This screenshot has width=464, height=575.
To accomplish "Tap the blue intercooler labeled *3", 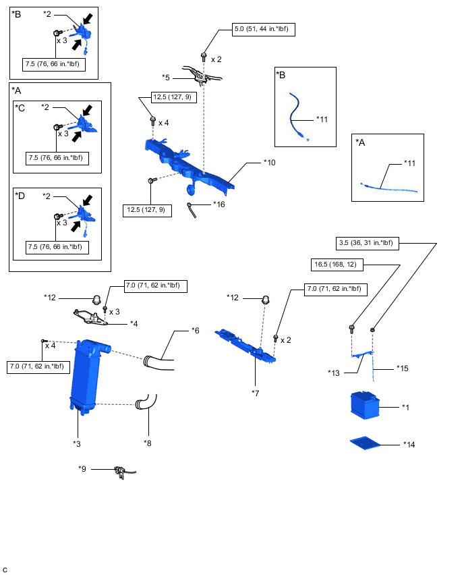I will (x=87, y=378).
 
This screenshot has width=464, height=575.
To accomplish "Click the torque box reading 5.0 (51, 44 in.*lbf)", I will (x=264, y=29).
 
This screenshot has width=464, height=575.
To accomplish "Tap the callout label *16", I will (x=219, y=204).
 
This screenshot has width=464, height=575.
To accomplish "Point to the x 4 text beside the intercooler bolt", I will (x=51, y=346).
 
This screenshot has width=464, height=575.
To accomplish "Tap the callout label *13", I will (x=335, y=373).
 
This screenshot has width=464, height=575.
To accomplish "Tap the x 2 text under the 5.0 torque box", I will (x=216, y=59).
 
